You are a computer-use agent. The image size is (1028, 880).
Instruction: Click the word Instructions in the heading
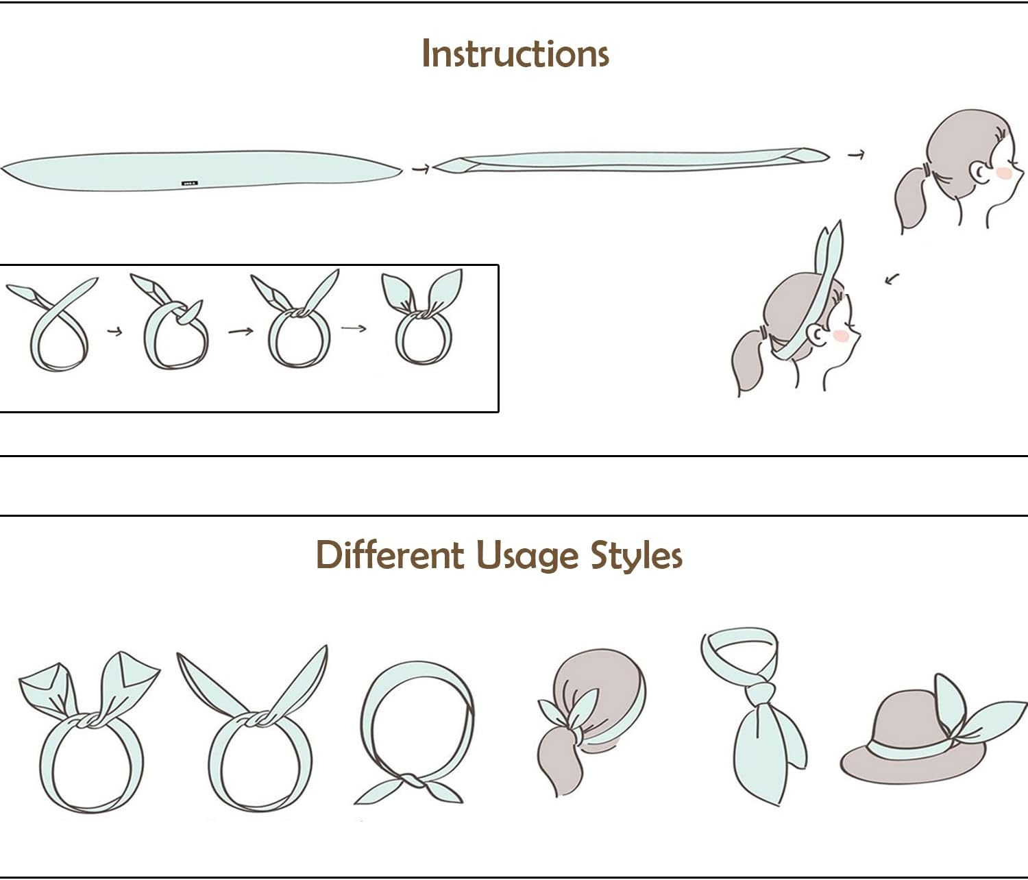515,53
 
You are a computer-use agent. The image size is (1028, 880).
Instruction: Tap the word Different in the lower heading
389,555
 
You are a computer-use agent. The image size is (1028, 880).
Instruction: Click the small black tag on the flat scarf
189,183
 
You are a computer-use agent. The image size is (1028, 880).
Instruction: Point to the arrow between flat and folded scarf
420,168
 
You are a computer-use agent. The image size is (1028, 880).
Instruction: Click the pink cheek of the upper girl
1005,173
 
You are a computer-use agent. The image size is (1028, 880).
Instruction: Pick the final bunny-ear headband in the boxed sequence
422,319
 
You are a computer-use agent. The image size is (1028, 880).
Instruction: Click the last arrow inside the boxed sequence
354,328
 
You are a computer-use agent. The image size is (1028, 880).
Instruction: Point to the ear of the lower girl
816,334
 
